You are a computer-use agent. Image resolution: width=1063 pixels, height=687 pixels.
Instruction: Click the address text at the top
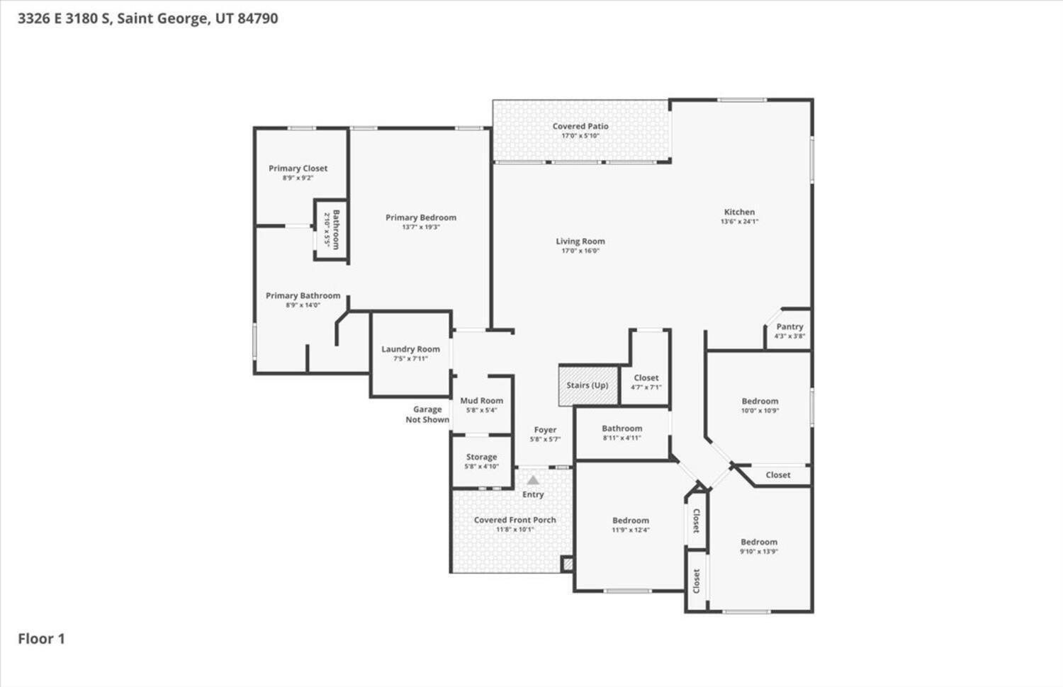147,18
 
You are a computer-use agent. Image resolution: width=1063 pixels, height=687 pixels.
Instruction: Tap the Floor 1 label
41,639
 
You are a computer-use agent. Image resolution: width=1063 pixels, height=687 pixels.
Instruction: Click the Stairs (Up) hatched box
588,385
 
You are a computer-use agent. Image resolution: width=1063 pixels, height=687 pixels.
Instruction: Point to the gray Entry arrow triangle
533,480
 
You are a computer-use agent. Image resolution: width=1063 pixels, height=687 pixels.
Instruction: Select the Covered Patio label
580,126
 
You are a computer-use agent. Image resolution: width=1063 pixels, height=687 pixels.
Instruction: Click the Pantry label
789,327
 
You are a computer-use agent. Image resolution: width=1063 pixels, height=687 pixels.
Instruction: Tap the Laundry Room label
410,349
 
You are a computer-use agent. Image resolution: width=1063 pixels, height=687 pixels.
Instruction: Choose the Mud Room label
481,401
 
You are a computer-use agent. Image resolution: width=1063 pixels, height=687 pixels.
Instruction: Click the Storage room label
481,458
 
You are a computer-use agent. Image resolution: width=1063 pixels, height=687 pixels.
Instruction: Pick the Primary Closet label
298,169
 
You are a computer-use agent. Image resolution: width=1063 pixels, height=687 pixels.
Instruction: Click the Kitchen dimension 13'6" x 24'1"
739,222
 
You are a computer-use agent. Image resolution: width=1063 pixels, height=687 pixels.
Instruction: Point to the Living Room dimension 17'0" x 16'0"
580,251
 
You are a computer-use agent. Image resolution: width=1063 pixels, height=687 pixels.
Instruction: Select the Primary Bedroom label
421,217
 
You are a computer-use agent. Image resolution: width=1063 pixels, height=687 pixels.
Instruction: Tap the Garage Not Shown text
427,414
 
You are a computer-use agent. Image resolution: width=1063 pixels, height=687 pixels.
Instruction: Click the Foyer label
545,430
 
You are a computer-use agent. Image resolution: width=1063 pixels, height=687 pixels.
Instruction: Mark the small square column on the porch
567,564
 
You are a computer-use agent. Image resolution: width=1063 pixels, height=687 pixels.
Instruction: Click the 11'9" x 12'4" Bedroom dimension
631,530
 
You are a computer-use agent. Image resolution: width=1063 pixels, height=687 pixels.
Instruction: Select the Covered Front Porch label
515,520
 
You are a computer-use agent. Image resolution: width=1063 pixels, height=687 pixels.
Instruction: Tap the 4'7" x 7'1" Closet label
646,378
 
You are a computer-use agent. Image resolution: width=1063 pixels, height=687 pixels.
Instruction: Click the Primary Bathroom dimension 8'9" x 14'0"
303,305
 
